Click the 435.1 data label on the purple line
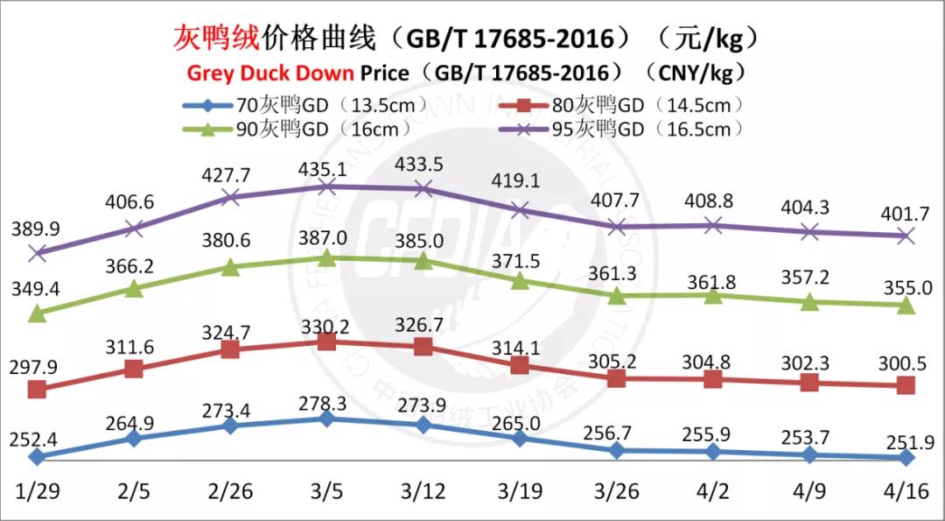click(x=326, y=164)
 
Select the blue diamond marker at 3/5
click(x=326, y=419)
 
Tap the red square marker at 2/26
click(x=230, y=349)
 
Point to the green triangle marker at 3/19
click(x=520, y=280)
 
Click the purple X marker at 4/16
click(x=906, y=236)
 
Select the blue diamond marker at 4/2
click(x=713, y=452)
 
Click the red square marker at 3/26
click(x=617, y=378)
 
